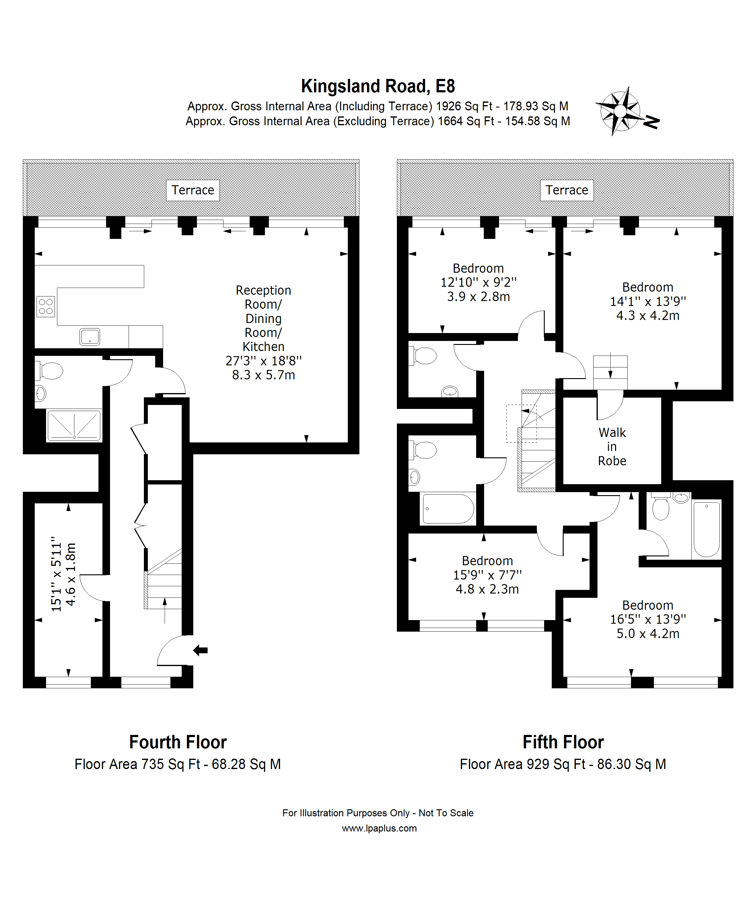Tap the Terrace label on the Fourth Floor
coord(193,190)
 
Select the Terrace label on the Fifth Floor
coord(567,190)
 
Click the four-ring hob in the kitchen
coord(46,307)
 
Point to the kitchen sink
coord(90,337)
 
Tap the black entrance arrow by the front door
coord(200,650)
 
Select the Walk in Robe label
coord(612,447)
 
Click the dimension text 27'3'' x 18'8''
coord(263,360)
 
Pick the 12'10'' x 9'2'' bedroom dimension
coord(478,282)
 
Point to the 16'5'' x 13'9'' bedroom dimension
coord(648,619)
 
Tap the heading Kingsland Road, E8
coord(378,86)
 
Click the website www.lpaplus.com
coord(379,828)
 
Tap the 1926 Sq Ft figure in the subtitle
coord(464,106)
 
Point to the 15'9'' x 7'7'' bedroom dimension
coord(487,575)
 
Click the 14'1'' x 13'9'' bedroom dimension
coord(648,301)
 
